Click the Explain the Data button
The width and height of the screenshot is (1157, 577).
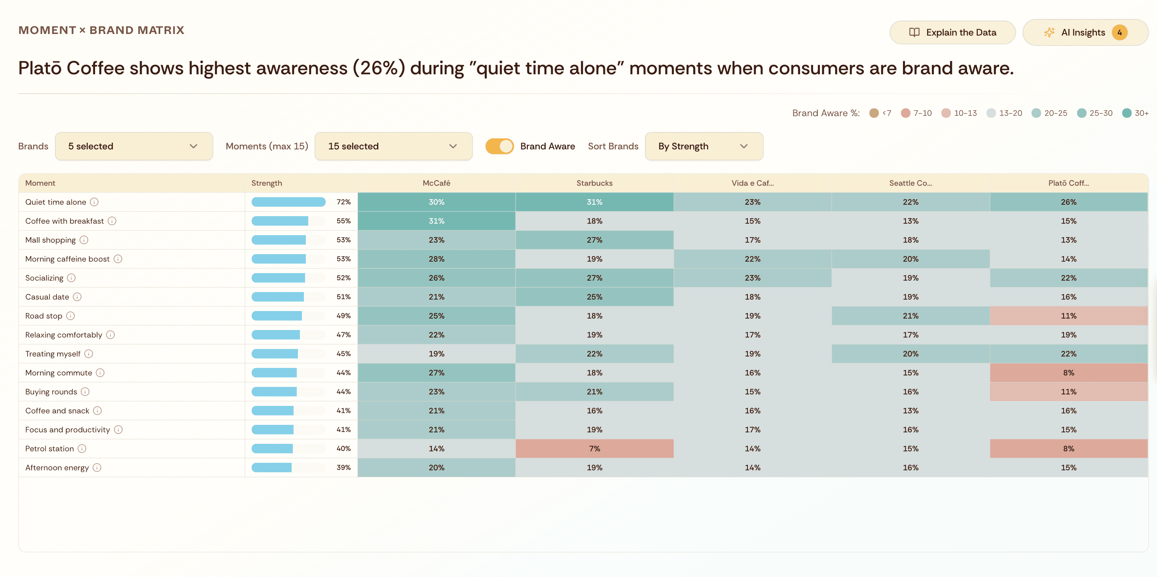click(952, 32)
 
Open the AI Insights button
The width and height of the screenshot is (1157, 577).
click(1085, 32)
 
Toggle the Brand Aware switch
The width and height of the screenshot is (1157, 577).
click(499, 146)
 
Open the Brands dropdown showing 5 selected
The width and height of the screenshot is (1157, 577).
click(134, 146)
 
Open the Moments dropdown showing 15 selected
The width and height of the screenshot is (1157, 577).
click(393, 146)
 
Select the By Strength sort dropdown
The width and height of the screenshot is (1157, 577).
click(704, 146)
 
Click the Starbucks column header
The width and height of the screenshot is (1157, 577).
click(594, 183)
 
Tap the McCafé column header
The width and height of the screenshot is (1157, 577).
click(436, 183)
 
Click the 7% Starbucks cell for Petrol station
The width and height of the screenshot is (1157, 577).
click(594, 449)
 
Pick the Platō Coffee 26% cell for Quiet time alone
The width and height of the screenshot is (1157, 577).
click(1068, 202)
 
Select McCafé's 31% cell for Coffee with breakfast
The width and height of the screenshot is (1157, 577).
click(436, 221)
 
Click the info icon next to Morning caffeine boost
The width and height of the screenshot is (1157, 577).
click(118, 259)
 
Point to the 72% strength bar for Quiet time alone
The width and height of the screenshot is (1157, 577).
click(288, 202)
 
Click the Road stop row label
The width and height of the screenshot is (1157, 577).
click(44, 316)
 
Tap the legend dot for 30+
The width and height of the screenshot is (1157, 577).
click(1127, 113)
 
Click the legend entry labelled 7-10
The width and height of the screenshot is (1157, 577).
click(916, 113)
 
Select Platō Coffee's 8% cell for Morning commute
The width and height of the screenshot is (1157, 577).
click(1068, 373)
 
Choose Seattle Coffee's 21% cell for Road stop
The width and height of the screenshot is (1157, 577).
click(910, 316)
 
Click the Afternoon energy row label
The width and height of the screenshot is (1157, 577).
click(57, 468)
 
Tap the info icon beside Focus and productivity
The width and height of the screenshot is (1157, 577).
click(118, 430)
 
